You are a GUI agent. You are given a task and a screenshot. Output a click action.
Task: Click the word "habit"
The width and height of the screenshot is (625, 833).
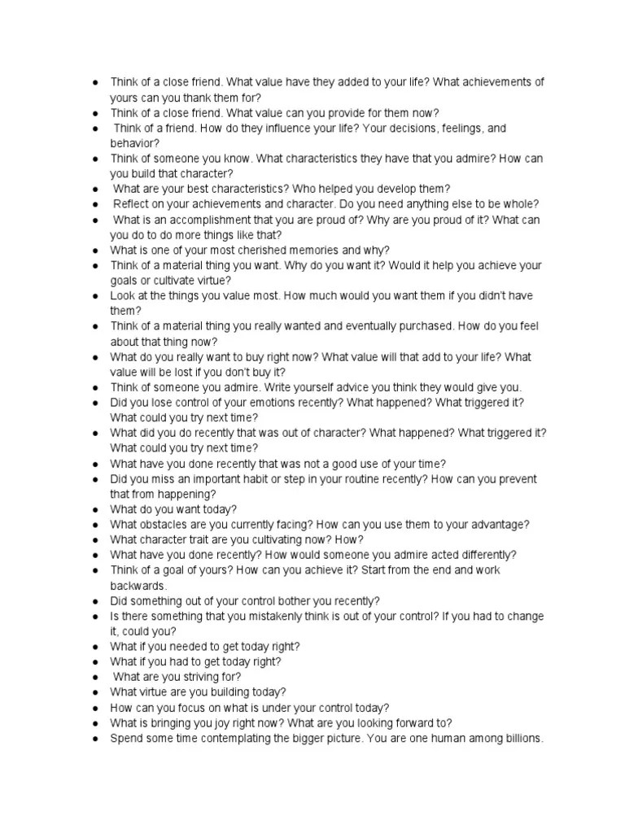pyautogui.click(x=252, y=479)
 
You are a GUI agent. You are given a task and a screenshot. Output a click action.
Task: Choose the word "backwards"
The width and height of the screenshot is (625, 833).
pyautogui.click(x=138, y=586)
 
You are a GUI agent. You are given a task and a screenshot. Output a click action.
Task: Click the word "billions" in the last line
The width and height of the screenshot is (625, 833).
pyautogui.click(x=518, y=738)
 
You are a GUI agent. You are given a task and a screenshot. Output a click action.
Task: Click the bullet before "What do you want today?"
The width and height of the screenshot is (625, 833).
pyautogui.click(x=96, y=509)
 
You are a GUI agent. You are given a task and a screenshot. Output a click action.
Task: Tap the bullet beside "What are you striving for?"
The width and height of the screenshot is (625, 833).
pyautogui.click(x=96, y=677)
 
